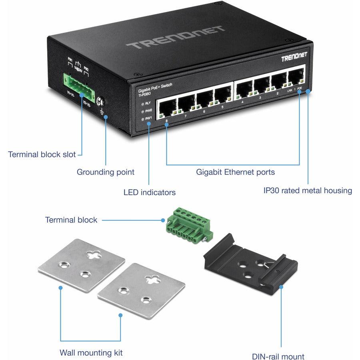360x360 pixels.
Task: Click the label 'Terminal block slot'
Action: click(42, 154)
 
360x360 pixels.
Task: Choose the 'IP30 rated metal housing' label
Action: click(307, 190)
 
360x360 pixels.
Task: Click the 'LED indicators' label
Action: click(149, 192)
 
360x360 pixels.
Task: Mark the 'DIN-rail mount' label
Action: click(279, 356)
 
